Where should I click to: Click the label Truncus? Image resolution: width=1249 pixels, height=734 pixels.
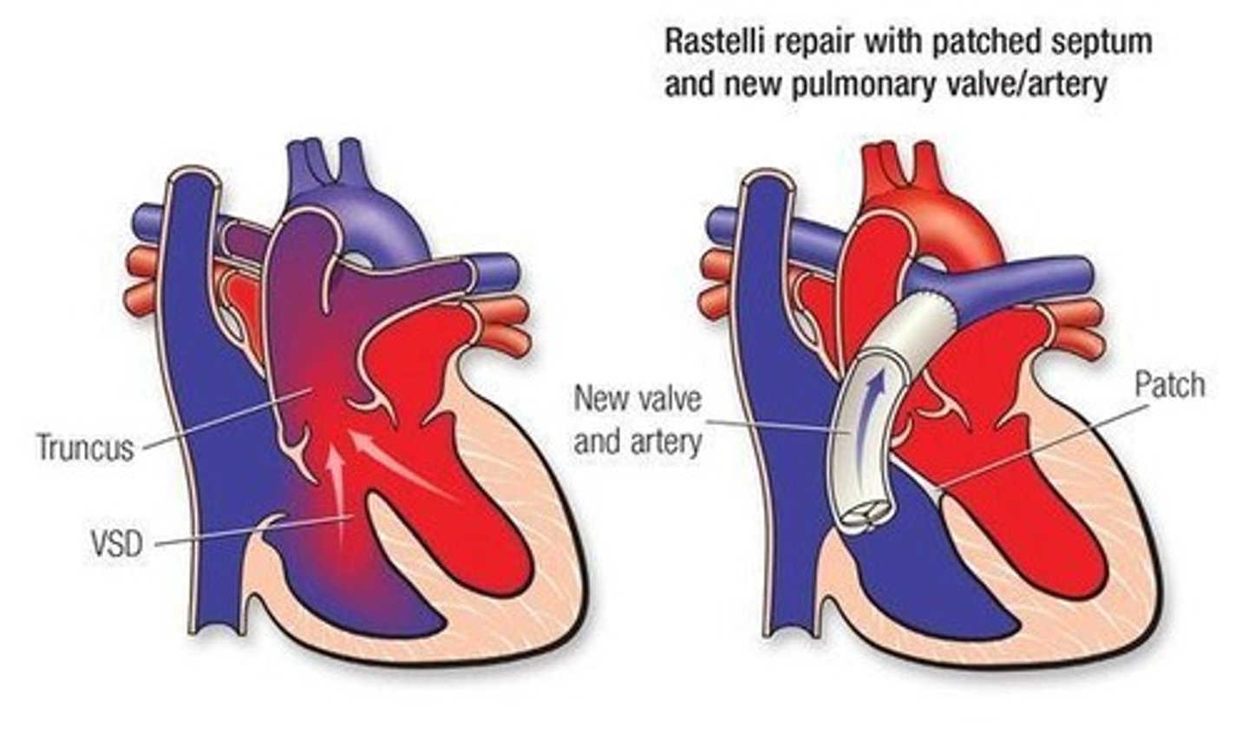click(85, 448)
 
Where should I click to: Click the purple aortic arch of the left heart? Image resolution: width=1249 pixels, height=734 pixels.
click(382, 217)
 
